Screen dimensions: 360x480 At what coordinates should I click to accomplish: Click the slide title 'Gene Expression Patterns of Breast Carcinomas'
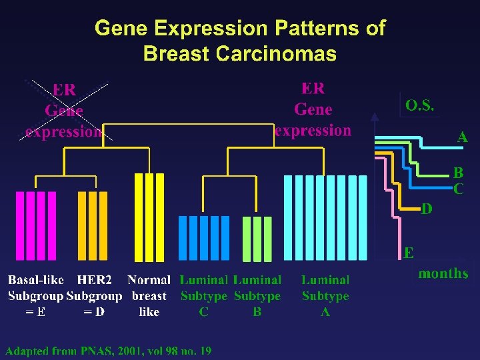pyautogui.click(x=240, y=41)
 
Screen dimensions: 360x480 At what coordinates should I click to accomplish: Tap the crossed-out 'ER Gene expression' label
pyautogui.click(x=64, y=111)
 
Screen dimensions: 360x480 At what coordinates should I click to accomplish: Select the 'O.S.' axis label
pyautogui.click(x=420, y=105)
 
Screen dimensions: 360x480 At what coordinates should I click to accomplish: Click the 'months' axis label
pyautogui.click(x=443, y=273)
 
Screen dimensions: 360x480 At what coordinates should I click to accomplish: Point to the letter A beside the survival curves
pyautogui.click(x=462, y=137)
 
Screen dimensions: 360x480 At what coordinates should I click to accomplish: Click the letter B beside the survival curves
pyautogui.click(x=459, y=173)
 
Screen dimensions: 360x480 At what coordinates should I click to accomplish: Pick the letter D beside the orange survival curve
pyautogui.click(x=427, y=209)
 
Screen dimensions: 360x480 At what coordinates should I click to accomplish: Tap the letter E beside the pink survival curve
pyautogui.click(x=409, y=253)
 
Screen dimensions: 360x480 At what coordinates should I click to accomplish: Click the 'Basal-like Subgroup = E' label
pyautogui.click(x=35, y=296)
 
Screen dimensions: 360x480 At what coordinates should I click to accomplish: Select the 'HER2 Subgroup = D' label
pyautogui.click(x=94, y=296)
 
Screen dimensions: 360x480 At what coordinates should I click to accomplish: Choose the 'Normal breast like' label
pyautogui.click(x=149, y=296)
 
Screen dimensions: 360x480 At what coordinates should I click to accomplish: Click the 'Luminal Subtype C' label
pyautogui.click(x=204, y=296)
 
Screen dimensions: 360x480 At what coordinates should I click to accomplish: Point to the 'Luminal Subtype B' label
pyautogui.click(x=257, y=296)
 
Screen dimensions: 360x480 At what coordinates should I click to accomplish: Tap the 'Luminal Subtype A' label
pyautogui.click(x=325, y=296)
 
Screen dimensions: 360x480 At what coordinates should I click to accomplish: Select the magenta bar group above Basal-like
pyautogui.click(x=36, y=225)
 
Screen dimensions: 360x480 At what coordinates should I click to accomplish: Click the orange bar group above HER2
pyautogui.click(x=92, y=225)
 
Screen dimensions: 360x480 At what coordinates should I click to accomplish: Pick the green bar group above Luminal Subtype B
pyautogui.click(x=257, y=238)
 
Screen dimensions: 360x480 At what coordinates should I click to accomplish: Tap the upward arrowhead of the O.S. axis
pyautogui.click(x=375, y=117)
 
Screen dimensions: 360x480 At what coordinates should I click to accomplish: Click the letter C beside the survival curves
pyautogui.click(x=459, y=189)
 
